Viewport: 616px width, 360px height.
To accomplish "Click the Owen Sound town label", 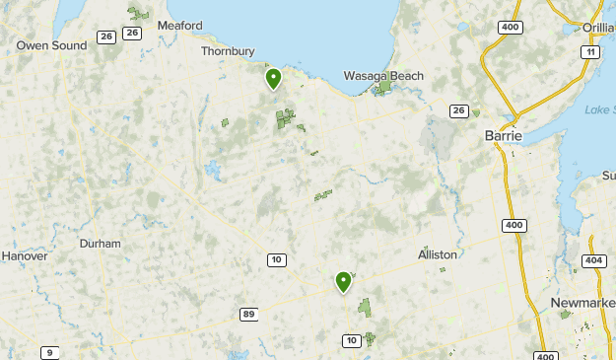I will [51, 45].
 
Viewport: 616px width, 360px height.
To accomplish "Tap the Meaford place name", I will [178, 26].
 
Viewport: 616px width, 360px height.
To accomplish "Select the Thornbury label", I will [229, 51].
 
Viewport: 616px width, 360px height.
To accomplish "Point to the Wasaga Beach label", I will [383, 76].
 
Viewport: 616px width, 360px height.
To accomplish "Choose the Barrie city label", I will [504, 136].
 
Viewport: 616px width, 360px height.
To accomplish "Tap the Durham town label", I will [101, 244].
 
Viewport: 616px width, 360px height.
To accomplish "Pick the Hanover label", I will [25, 255].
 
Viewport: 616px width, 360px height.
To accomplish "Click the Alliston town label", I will [438, 254].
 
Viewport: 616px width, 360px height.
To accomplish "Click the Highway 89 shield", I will [249, 314].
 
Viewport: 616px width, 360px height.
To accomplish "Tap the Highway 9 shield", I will [49, 352].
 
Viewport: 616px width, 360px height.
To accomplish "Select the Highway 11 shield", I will [590, 51].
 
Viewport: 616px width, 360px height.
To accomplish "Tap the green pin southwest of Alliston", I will [343, 282].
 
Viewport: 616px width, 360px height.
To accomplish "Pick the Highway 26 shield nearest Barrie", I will [458, 110].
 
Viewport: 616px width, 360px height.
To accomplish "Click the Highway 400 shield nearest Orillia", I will [510, 27].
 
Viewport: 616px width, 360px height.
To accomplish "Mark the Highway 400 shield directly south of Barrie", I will [513, 225].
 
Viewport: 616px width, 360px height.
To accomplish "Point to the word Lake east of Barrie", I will [597, 109].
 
